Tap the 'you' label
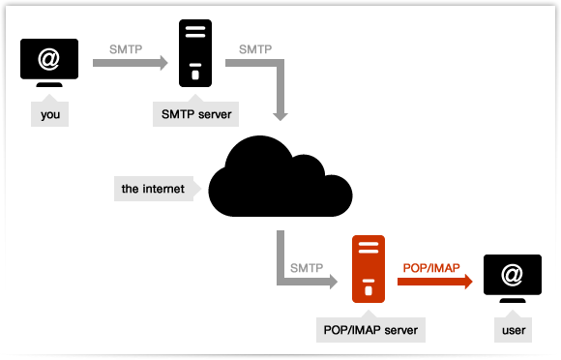pos(50,114)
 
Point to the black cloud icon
pos(280,177)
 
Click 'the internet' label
pos(153,188)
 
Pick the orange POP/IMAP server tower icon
pos(367,270)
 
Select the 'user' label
pos(514,330)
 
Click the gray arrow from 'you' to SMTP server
pos(130,64)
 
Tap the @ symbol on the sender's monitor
pos(49,59)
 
